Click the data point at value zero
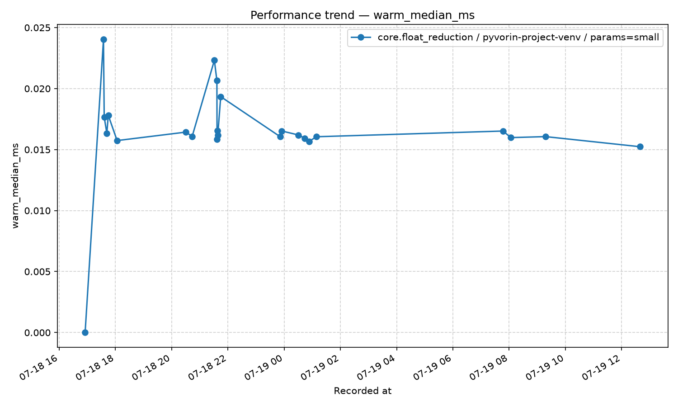click(85, 332)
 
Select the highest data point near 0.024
click(104, 40)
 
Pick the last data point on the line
click(640, 147)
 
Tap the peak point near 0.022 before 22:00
click(214, 60)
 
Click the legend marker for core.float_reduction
click(361, 38)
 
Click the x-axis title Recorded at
click(363, 391)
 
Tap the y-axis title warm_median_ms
click(15, 186)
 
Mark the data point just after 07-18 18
click(117, 141)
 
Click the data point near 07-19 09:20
click(546, 137)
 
